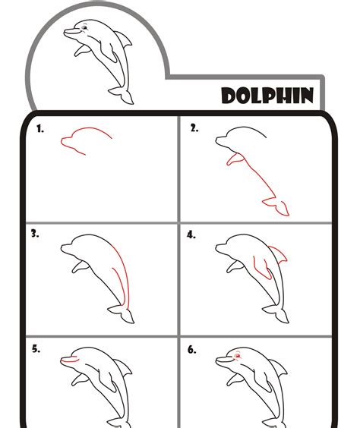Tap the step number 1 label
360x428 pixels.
pos(39,130)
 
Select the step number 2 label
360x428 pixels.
pos(194,129)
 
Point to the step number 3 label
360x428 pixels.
pos(35,234)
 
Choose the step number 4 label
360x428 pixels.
pos(191,234)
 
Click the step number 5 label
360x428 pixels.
pos(35,350)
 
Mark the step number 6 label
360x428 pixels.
pos(191,350)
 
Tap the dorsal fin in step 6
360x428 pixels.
pos(279,370)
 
